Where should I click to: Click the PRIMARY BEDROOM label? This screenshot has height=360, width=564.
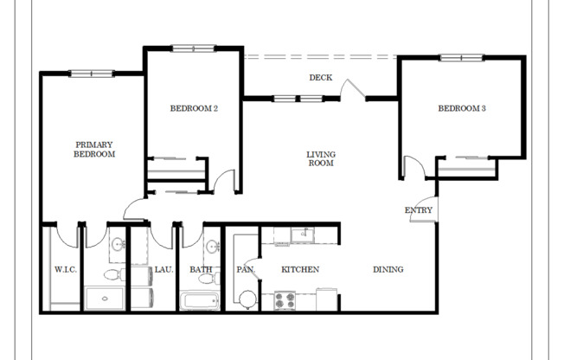pos(95,149)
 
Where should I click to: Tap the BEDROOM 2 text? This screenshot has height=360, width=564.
pos(193,108)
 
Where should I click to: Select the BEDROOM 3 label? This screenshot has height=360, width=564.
pos(461,108)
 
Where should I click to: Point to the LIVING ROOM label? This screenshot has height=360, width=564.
pos(320,158)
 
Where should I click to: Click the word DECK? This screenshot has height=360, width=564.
pos(321,78)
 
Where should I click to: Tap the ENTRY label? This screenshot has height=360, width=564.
pos(418,210)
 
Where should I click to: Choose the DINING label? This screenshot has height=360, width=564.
pos(388,269)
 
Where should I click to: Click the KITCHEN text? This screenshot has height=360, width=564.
pos(300,269)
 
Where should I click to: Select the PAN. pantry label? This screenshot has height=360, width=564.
pos(244,269)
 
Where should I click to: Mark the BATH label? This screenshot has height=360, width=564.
pos(201,269)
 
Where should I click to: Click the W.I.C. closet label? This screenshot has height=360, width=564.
pos(66,269)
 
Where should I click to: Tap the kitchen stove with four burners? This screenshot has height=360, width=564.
pos(285,300)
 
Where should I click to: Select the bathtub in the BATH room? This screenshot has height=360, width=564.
pos(200,301)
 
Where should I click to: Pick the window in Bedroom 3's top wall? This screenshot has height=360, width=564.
pos(461,58)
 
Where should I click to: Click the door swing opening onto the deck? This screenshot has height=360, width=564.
pos(351,89)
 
